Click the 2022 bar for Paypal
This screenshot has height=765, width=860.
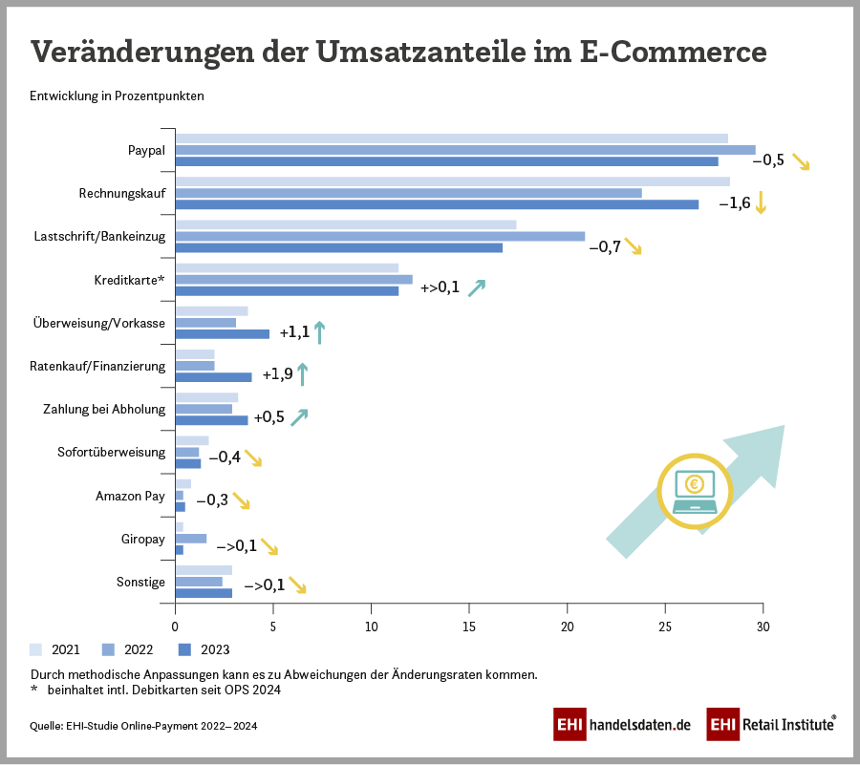465,150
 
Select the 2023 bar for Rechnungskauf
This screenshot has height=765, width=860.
437,203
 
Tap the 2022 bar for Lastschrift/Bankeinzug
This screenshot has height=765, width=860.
380,236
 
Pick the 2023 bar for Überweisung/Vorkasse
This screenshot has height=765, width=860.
223,334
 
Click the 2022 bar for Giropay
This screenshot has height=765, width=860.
191,539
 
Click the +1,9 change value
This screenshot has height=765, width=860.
277,374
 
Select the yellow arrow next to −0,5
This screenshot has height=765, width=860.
801,160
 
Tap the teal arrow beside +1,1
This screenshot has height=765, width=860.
320,332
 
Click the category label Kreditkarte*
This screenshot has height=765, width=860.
129,281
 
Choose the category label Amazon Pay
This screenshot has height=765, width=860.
130,496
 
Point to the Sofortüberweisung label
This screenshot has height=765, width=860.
112,452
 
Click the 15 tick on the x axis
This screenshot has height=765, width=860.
469,627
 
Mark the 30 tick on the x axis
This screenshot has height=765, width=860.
763,627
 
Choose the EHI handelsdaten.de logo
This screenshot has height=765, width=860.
622,725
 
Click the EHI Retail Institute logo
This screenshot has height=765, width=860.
771,725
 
